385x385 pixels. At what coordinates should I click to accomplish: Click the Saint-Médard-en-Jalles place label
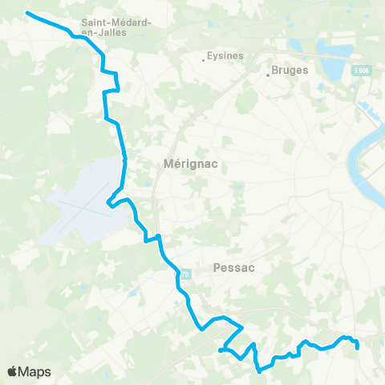pyautogui.click(x=117, y=27)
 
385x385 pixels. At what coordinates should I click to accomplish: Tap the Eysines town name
pyautogui.click(x=225, y=56)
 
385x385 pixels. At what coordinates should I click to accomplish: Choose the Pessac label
pyautogui.click(x=234, y=268)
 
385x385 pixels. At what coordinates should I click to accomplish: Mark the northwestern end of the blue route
pyautogui.click(x=28, y=13)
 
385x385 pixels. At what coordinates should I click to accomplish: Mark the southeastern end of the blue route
pyautogui.click(x=357, y=348)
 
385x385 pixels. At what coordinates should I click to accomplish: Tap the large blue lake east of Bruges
pyautogui.click(x=333, y=52)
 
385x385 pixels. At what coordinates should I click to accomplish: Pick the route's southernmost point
pyautogui.click(x=258, y=371)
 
